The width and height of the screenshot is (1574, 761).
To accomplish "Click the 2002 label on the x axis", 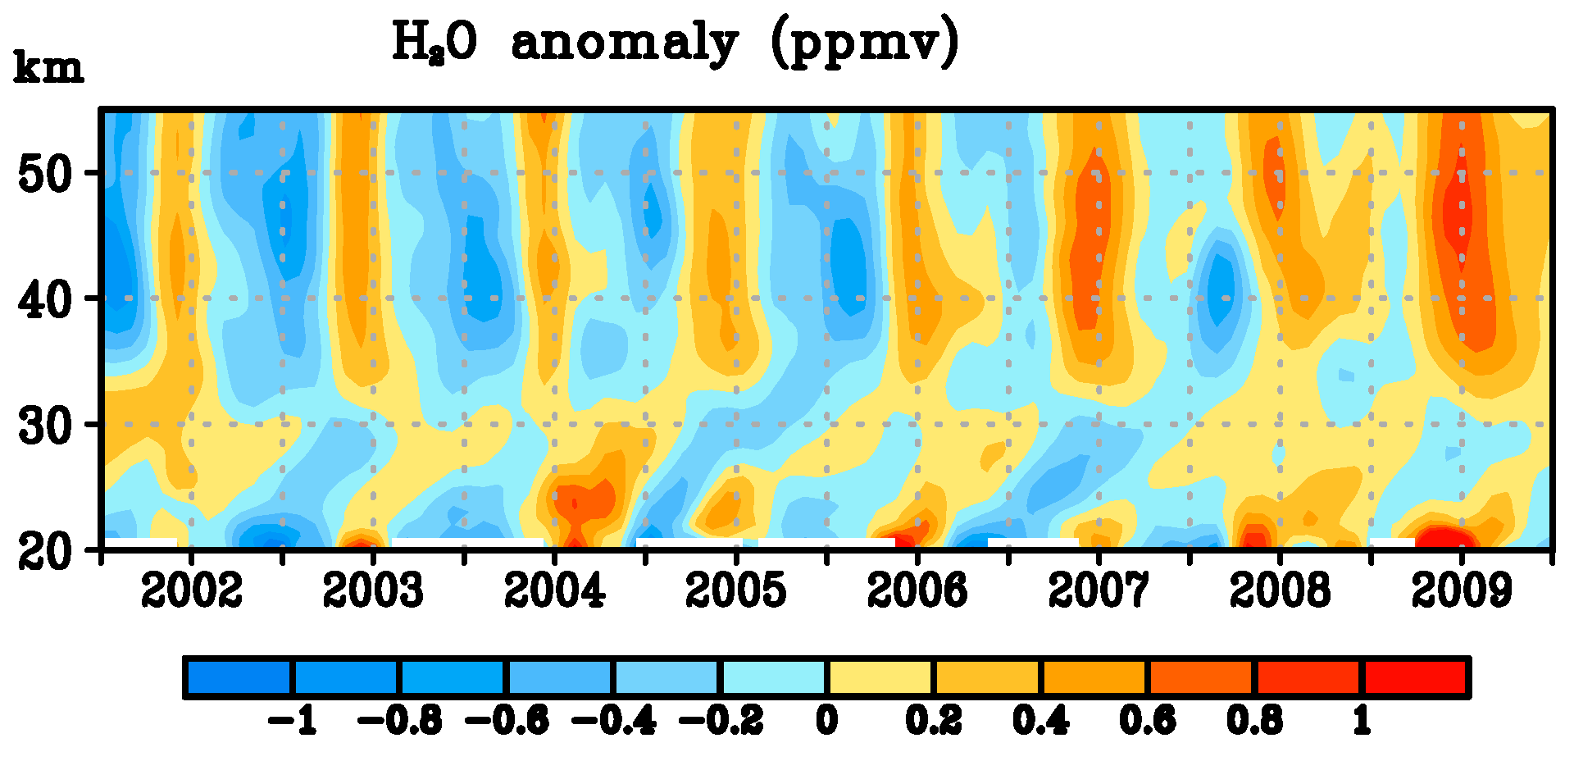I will pyautogui.click(x=192, y=590).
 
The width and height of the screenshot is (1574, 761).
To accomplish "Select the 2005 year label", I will pyautogui.click(x=735, y=590).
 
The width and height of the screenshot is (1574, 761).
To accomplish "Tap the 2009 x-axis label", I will pyautogui.click(x=1461, y=590).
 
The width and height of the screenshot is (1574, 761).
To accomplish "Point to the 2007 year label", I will pyautogui.click(x=1099, y=590).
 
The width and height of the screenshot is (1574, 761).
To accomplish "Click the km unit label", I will pyautogui.click(x=48, y=69).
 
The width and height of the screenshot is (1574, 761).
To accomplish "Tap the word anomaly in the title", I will pyautogui.click(x=624, y=43).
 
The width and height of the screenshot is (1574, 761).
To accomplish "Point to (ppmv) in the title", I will pyautogui.click(x=865, y=43).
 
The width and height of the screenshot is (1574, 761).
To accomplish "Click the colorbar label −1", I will pyautogui.click(x=293, y=722).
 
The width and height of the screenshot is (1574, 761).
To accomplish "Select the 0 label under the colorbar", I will pyautogui.click(x=827, y=722).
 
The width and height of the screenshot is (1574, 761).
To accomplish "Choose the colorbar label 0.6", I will pyautogui.click(x=1148, y=722).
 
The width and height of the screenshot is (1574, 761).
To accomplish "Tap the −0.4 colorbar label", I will pyautogui.click(x=613, y=722).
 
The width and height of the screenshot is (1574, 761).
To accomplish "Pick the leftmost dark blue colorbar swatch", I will pyautogui.click(x=239, y=677).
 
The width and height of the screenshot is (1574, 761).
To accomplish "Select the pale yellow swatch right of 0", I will pyautogui.click(x=880, y=677).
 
